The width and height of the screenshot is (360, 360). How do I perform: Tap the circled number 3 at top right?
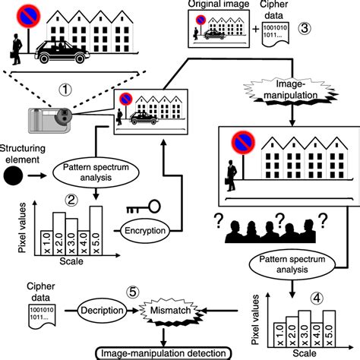point(303,28)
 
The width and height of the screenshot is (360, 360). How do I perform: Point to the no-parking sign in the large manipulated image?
point(242,141)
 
